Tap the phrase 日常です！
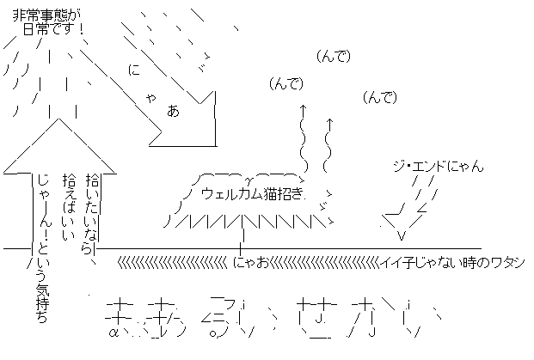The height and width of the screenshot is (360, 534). click(x=53, y=29)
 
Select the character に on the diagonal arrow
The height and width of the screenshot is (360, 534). click(x=133, y=71)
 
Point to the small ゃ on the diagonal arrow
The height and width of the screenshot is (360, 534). click(x=151, y=97)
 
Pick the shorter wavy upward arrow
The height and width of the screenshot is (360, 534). click(x=328, y=144)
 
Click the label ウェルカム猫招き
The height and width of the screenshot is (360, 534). click(x=252, y=192)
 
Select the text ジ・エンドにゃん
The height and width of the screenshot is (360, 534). click(x=438, y=166)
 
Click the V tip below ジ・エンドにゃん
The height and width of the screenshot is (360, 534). click(x=401, y=234)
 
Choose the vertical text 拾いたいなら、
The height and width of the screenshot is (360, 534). click(x=94, y=215)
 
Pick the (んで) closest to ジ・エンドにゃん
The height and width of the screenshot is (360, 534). click(x=380, y=97)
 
